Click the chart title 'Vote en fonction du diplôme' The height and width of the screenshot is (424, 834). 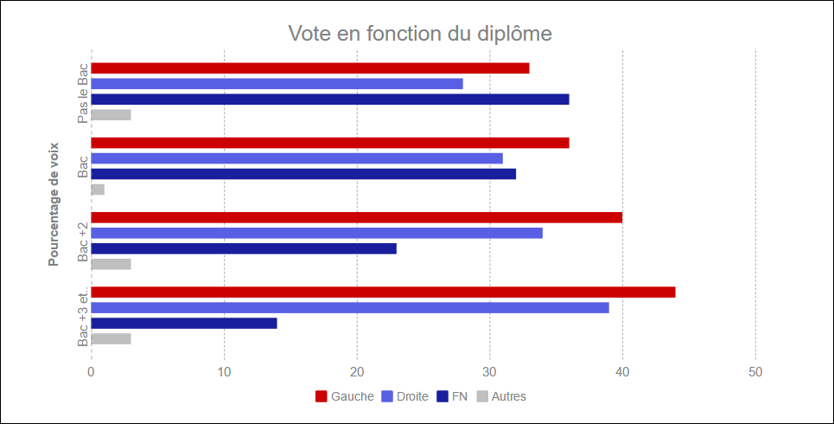(x=420, y=34)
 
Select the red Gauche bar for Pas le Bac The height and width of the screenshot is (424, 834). (x=309, y=68)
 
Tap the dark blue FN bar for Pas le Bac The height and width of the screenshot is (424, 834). (x=329, y=100)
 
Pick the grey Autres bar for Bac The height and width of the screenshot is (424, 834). (x=98, y=190)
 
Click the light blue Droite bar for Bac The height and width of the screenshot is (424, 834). (x=296, y=158)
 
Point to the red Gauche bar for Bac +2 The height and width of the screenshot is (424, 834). (x=356, y=217)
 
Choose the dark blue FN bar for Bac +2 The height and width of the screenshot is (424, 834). (x=244, y=248)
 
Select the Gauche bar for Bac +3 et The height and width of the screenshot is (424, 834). (x=383, y=292)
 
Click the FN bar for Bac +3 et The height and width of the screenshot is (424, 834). (x=184, y=323)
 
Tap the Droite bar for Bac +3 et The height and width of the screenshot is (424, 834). (x=350, y=308)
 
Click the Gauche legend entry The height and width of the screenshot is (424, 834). (x=345, y=396)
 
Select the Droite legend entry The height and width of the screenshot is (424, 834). (x=404, y=396)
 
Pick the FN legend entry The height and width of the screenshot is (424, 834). (x=452, y=396)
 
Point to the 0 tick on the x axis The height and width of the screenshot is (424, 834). (x=91, y=372)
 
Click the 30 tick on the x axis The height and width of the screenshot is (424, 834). (x=490, y=372)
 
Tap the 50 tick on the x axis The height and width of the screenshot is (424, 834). (x=755, y=372)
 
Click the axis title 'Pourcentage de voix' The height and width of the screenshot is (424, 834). (x=54, y=204)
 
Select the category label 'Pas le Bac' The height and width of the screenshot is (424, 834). (x=83, y=93)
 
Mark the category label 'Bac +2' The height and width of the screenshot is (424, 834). (x=83, y=241)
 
